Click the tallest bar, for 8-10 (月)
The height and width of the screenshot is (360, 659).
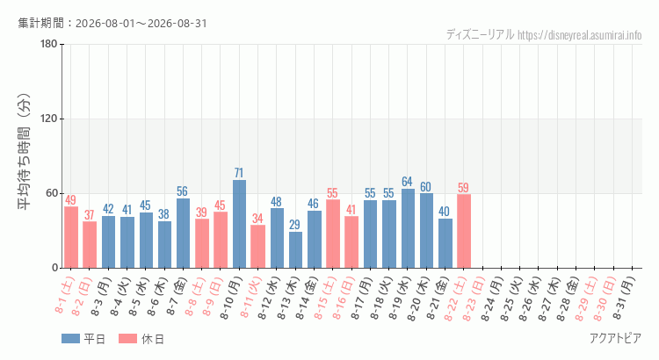coord(239,224)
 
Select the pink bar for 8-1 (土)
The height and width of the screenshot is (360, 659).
coord(71,237)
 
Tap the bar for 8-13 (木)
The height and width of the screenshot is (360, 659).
coord(295,250)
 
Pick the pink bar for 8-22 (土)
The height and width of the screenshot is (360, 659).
coord(464,231)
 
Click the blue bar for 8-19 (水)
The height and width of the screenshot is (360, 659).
coord(408,228)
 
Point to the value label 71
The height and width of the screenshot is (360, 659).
coord(239,173)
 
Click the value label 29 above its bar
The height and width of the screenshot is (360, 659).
coord(295,225)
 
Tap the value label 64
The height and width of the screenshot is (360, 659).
coord(407,182)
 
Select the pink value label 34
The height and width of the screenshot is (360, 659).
coord(257,218)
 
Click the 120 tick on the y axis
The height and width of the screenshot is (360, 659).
coord(48,119)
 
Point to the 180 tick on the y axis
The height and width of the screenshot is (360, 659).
coord(48,44)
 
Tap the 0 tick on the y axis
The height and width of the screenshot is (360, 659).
coord(54,268)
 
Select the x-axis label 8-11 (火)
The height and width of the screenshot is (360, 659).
coord(250,298)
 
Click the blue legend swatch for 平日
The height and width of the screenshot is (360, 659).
coord(70,339)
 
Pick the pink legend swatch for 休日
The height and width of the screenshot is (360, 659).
coord(127,339)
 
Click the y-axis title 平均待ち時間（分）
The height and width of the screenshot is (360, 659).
coord(25,152)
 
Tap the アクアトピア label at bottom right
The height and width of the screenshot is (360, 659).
coord(616,338)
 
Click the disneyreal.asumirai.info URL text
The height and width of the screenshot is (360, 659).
coord(580,35)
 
